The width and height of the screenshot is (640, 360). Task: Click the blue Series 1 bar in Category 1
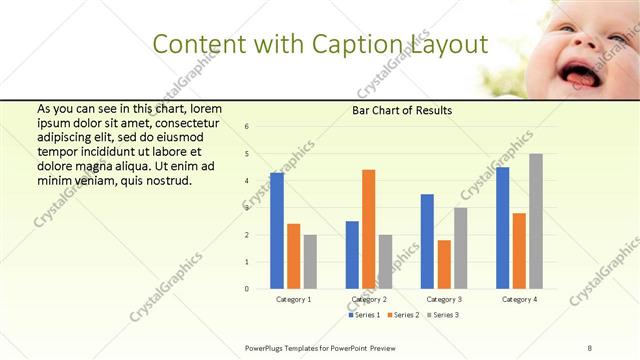click(x=277, y=231)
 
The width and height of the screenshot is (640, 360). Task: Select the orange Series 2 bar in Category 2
click(x=368, y=229)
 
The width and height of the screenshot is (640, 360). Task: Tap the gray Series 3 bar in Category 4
click(x=536, y=221)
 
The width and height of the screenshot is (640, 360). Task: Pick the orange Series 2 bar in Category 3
click(x=444, y=264)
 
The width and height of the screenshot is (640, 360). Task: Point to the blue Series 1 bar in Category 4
click(x=502, y=228)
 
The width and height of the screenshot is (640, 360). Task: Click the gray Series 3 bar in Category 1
click(x=311, y=262)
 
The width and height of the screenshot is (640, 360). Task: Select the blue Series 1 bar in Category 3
click(x=427, y=241)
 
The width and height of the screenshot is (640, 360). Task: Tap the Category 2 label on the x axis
click(x=369, y=299)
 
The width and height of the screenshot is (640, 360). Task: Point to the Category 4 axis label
click(x=519, y=299)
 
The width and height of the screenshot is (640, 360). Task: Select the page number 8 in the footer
click(x=590, y=347)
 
